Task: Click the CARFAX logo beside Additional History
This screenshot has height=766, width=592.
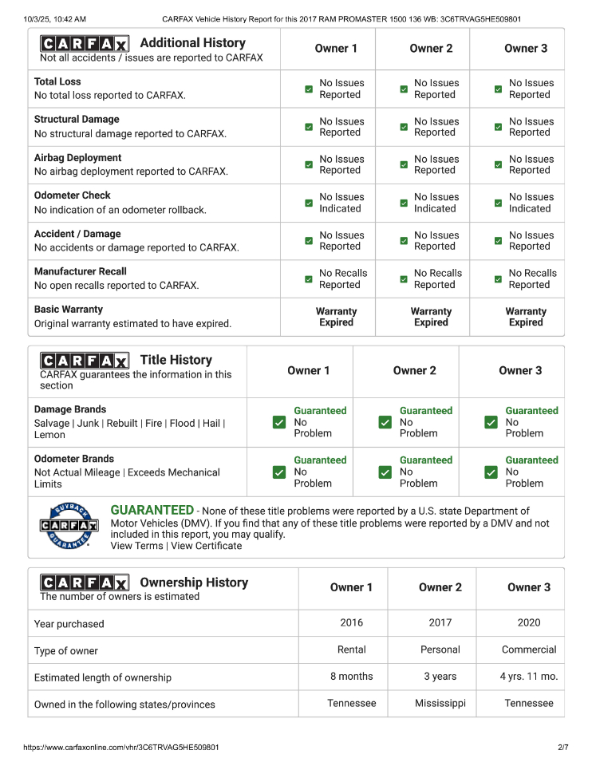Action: tap(84, 44)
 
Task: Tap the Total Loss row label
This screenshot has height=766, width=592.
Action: tap(57, 81)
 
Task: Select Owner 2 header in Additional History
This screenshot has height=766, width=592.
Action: tap(431, 48)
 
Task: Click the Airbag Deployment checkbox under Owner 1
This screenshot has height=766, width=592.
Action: tap(309, 165)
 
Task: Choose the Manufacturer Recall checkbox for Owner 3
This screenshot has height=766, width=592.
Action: tap(498, 279)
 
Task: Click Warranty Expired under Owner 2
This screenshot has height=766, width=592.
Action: tap(431, 317)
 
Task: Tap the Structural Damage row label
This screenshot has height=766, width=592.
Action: tap(77, 119)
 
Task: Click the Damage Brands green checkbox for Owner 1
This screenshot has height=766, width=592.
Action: tap(279, 422)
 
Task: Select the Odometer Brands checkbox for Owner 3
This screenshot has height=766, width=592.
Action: tap(491, 472)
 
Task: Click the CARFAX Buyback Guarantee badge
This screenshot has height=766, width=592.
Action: tap(69, 526)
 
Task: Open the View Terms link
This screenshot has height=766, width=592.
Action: tap(136, 546)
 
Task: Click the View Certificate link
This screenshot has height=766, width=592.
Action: tap(206, 546)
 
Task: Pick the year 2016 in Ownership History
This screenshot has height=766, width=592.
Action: tap(351, 622)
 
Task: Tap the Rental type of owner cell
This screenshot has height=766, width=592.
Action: tap(352, 650)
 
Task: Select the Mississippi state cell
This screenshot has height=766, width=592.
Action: tap(440, 703)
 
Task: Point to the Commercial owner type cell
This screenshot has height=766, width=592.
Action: tap(529, 650)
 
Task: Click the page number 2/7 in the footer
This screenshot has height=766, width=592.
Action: tap(563, 748)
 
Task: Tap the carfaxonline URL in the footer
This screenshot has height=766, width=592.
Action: tap(121, 748)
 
